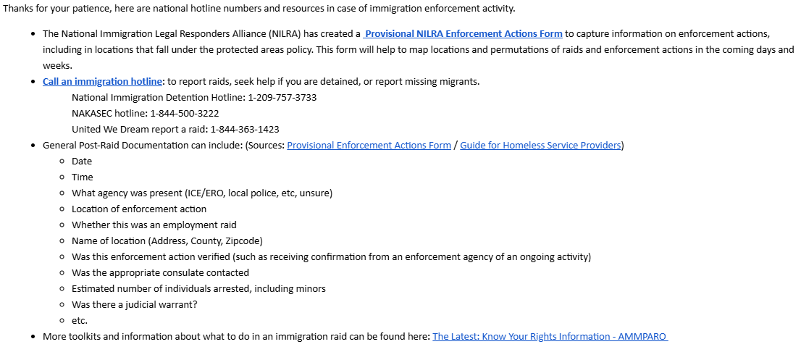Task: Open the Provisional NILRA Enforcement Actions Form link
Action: pyautogui.click(x=464, y=34)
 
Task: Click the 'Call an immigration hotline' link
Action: pyautogui.click(x=102, y=82)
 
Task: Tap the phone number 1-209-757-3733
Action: pyautogui.click(x=282, y=98)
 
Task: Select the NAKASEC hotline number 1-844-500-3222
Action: pyautogui.click(x=185, y=114)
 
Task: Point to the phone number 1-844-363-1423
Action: pyautogui.click(x=245, y=130)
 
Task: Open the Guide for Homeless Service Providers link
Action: pyautogui.click(x=540, y=146)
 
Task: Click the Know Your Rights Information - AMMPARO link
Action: pyautogui.click(x=550, y=337)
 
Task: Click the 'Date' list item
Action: pyautogui.click(x=82, y=162)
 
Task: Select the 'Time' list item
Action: pyautogui.click(x=83, y=177)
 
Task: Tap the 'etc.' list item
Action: pyautogui.click(x=80, y=321)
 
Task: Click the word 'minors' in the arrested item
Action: pyautogui.click(x=309, y=289)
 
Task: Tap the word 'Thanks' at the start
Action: pyautogui.click(x=18, y=9)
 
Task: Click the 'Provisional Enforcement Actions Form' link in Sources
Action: pyautogui.click(x=369, y=146)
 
